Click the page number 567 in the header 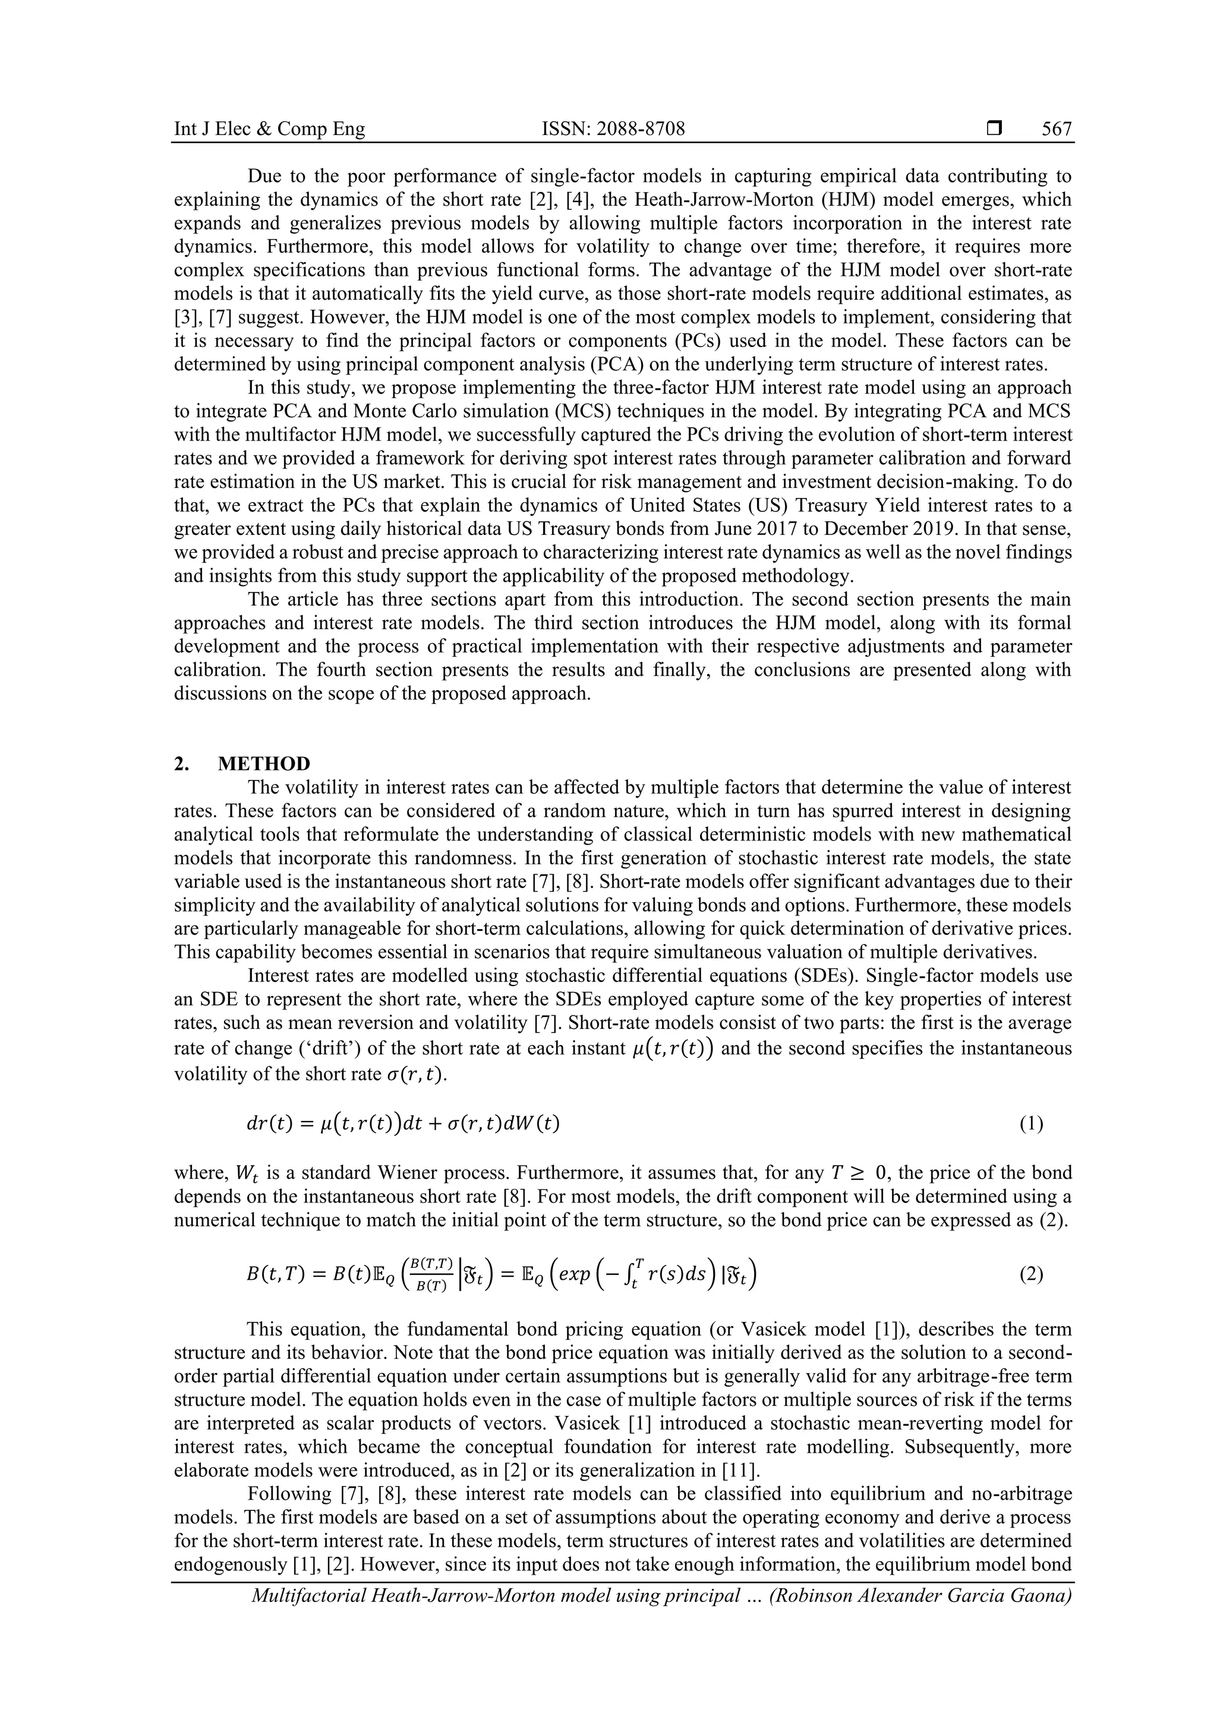pyautogui.click(x=1057, y=129)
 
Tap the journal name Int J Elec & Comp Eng pyautogui.click(x=269, y=129)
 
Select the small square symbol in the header pyautogui.click(x=994, y=129)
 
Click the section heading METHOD pyautogui.click(x=263, y=763)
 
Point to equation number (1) pyautogui.click(x=1031, y=1123)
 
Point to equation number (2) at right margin pyautogui.click(x=1031, y=1275)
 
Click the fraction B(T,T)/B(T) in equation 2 pyautogui.click(x=433, y=1275)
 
